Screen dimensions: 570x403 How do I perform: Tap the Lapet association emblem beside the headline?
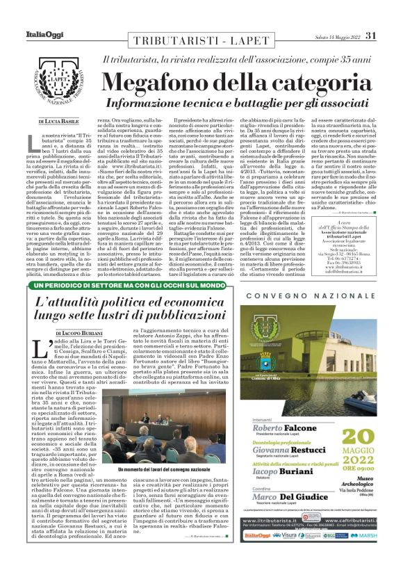pyautogui.click(x=56, y=83)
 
